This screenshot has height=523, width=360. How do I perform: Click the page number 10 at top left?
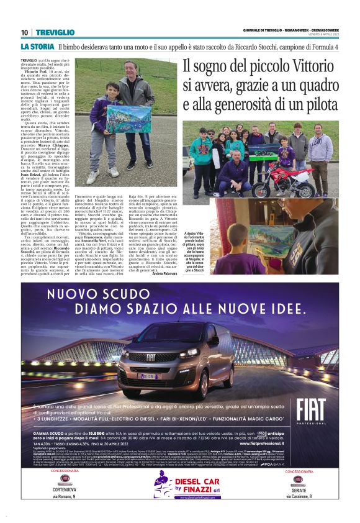coord(24,32)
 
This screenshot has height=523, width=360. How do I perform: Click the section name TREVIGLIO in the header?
coord(53,32)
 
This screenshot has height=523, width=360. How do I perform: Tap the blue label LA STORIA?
coord(37,47)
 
